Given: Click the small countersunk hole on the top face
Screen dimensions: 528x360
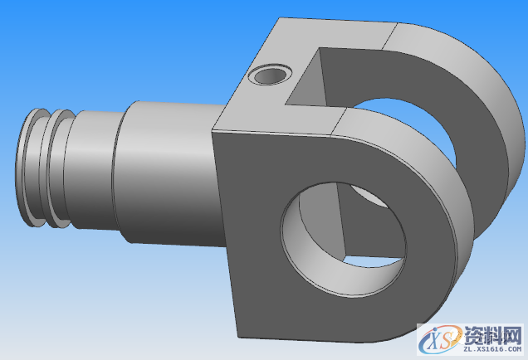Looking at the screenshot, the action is click(x=268, y=75).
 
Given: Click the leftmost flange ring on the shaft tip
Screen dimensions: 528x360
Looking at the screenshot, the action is click(x=27, y=168).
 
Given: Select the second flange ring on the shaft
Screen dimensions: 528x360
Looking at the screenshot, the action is click(x=54, y=168).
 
